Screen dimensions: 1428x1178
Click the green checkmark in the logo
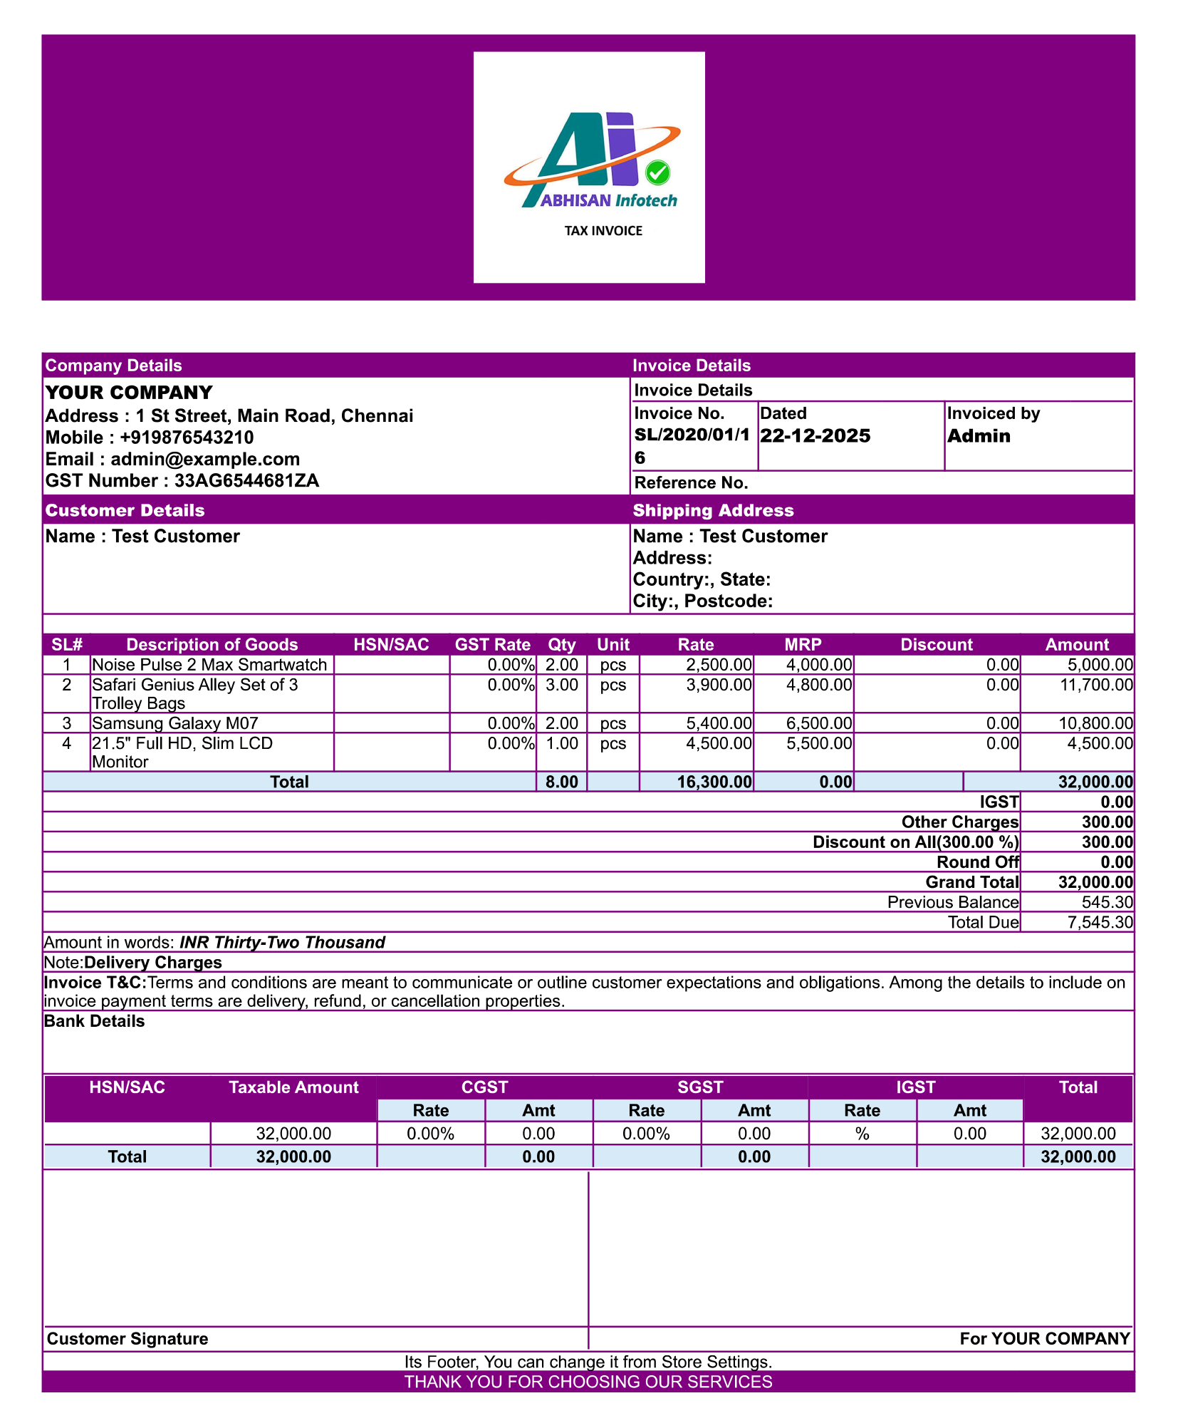click(x=657, y=172)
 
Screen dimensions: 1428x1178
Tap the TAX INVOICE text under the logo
click(x=603, y=231)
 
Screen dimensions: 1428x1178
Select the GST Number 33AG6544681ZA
click(x=246, y=481)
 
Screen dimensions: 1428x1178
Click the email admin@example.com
click(x=205, y=460)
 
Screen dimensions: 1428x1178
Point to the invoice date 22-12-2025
click(x=815, y=436)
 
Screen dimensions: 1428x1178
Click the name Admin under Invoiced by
click(x=979, y=436)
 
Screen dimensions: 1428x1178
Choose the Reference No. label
click(x=691, y=483)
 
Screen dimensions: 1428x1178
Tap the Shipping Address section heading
click(x=713, y=511)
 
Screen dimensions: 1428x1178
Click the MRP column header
click(x=803, y=645)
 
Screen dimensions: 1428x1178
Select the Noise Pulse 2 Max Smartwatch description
click(x=209, y=665)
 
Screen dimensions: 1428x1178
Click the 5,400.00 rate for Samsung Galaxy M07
click(x=719, y=724)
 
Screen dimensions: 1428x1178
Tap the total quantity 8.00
click(x=561, y=782)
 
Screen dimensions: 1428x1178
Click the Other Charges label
click(x=959, y=822)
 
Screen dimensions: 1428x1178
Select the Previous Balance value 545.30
click(x=1107, y=903)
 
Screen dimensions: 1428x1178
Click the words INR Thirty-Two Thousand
click(x=282, y=943)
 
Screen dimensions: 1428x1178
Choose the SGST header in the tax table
click(x=700, y=1087)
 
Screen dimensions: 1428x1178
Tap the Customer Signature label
click(x=127, y=1339)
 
